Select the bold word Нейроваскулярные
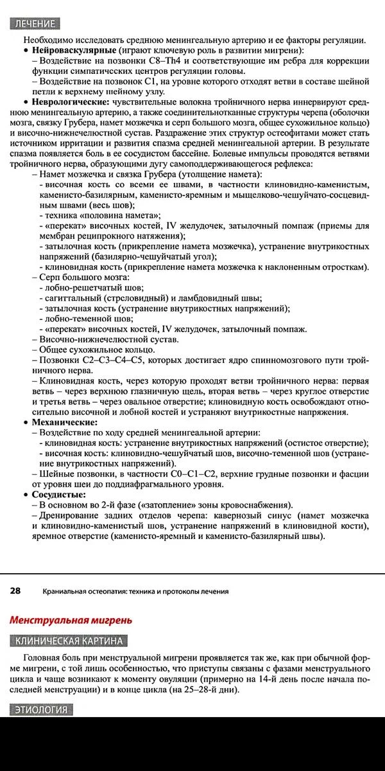(74, 49)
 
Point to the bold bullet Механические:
(65, 422)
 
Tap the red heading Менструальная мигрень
(71, 620)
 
